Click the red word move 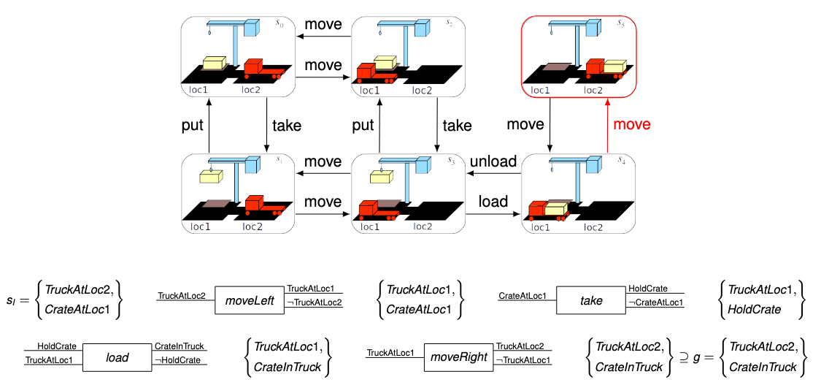[x=631, y=124]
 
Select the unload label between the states [x=493, y=161]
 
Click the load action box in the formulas [x=117, y=357]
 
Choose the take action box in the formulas [x=591, y=300]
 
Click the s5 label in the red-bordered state [x=621, y=24]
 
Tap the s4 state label [x=622, y=161]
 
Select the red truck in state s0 [x=261, y=69]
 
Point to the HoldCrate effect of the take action [x=648, y=289]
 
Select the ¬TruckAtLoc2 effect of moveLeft [x=314, y=303]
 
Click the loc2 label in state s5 [x=593, y=91]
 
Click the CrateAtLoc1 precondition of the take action [x=523, y=296]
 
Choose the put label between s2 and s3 [x=363, y=125]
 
